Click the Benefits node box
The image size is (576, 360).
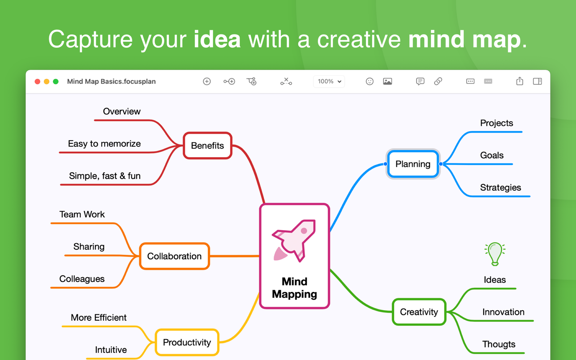click(x=207, y=146)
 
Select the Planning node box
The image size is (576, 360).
click(x=413, y=164)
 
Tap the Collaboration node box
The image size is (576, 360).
click(x=174, y=256)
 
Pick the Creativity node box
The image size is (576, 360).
click(x=419, y=312)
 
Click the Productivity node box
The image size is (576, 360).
click(x=187, y=342)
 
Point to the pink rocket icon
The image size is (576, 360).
click(x=294, y=241)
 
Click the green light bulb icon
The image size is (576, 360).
click(x=495, y=254)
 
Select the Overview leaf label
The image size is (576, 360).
click(x=122, y=111)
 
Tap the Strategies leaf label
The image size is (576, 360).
click(x=500, y=188)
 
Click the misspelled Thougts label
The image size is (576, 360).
click(x=499, y=344)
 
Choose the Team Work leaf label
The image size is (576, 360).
click(x=82, y=214)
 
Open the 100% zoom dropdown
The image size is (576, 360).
click(x=329, y=81)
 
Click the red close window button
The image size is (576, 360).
click(x=37, y=81)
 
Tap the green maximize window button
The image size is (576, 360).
click(x=56, y=81)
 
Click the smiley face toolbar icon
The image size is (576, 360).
click(x=370, y=81)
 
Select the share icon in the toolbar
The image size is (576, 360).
click(x=520, y=81)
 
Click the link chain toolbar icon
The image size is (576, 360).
click(x=438, y=81)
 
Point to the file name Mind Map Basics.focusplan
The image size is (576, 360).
click(x=112, y=81)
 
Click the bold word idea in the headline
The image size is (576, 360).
click(x=217, y=39)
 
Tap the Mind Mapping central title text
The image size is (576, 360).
click(x=294, y=288)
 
